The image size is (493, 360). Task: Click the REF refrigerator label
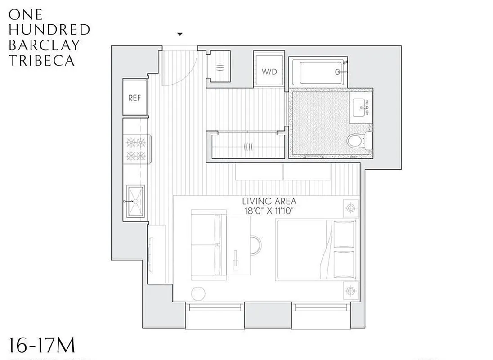point(134,98)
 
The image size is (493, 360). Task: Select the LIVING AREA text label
point(269,202)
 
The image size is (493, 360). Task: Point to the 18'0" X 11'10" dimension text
point(269,211)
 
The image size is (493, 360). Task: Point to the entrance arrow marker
point(180,34)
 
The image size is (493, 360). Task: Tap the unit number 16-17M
point(41,346)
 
